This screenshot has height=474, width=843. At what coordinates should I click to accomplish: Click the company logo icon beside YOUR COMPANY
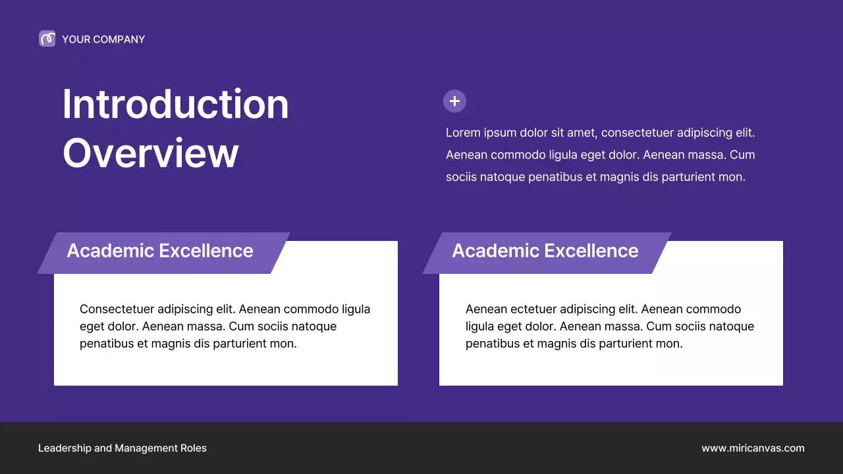(47, 39)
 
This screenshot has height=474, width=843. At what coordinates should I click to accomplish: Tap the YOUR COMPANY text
(103, 39)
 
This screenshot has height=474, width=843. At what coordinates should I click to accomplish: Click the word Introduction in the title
(175, 104)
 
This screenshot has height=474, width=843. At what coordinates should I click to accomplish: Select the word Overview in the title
(150, 153)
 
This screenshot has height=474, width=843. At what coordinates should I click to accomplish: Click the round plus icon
(454, 101)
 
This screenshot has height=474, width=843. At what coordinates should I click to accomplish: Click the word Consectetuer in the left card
(117, 309)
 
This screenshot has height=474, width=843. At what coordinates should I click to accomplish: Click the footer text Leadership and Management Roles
(122, 448)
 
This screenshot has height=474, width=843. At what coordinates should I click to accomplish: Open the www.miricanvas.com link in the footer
(753, 448)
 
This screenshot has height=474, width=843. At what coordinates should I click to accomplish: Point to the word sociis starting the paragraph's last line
(461, 177)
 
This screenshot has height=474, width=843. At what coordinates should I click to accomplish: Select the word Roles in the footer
(194, 448)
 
